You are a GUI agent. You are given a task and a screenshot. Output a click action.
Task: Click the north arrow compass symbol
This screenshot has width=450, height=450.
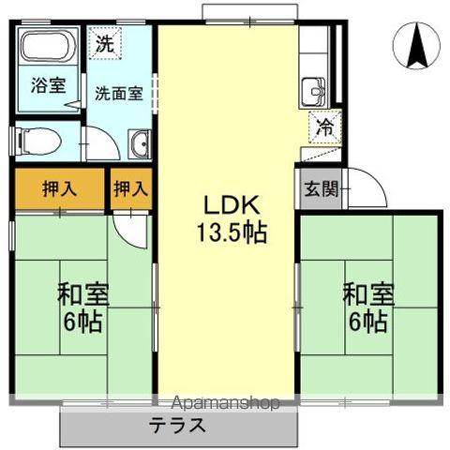coord(416,46)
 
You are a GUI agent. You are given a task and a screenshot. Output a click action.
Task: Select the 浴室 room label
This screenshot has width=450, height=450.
coord(49,85)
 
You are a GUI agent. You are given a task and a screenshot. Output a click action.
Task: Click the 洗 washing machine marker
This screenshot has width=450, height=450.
coord(105,43)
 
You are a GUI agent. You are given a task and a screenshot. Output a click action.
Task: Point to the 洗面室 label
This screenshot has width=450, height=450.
coord(119,93)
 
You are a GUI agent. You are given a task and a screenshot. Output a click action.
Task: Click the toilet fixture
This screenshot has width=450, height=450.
coord(38,142)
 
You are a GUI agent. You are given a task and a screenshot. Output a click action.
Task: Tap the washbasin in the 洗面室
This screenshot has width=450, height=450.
coord(140,144)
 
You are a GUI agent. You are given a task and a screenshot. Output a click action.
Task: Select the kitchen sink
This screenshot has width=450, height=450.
coord(314,92)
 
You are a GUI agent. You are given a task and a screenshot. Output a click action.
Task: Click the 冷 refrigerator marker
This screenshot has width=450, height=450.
coord(325,127)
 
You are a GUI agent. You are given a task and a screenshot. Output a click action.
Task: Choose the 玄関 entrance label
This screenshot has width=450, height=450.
coord(322,188)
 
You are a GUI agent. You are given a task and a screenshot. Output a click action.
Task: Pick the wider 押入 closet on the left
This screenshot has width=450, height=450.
coord(59,189)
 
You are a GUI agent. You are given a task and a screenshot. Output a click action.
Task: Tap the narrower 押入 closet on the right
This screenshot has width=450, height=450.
coord(131,189)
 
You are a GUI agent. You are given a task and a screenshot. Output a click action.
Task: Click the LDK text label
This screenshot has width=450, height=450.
coord(232,205)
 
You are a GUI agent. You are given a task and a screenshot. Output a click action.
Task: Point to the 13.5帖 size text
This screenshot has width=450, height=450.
coord(232,232)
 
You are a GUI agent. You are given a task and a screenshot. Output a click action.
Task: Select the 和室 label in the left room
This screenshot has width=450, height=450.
coord(83,294)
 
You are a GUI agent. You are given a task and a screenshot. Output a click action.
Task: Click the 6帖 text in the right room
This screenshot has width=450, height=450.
coord(368,322)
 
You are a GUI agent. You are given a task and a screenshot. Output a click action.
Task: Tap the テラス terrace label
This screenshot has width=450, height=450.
coord(177,426)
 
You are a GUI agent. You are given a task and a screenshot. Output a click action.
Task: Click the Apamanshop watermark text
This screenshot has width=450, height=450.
coord(225,403)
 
